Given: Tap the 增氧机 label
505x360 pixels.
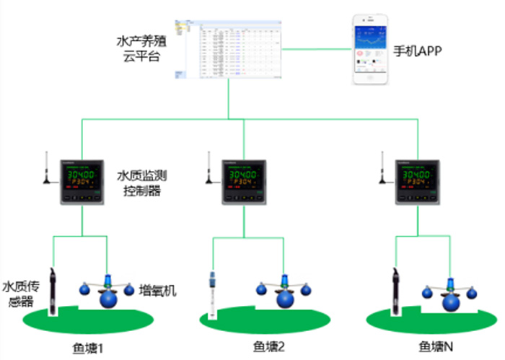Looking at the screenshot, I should (157, 291).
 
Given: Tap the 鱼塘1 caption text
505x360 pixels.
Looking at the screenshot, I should (89, 348).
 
